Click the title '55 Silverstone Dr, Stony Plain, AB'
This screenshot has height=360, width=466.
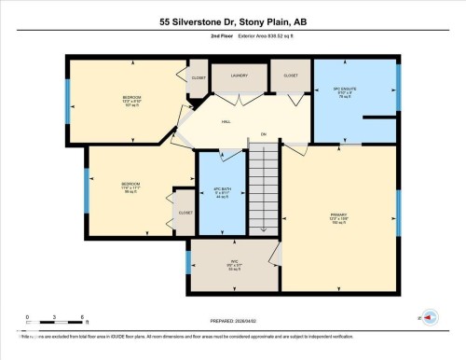pyautogui.click(x=233, y=21)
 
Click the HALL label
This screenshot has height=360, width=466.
pyautogui.click(x=226, y=121)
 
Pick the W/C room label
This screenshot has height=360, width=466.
pyautogui.click(x=235, y=264)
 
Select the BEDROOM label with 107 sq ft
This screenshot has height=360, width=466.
pyautogui.click(x=131, y=100)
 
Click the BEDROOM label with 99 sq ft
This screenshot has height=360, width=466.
pyautogui.click(x=130, y=187)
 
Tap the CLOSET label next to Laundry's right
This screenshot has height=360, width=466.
pyautogui.click(x=291, y=75)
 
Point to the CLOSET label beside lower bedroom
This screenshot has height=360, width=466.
pyautogui.click(x=184, y=213)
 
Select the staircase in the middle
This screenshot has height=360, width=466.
pyautogui.click(x=264, y=191)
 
